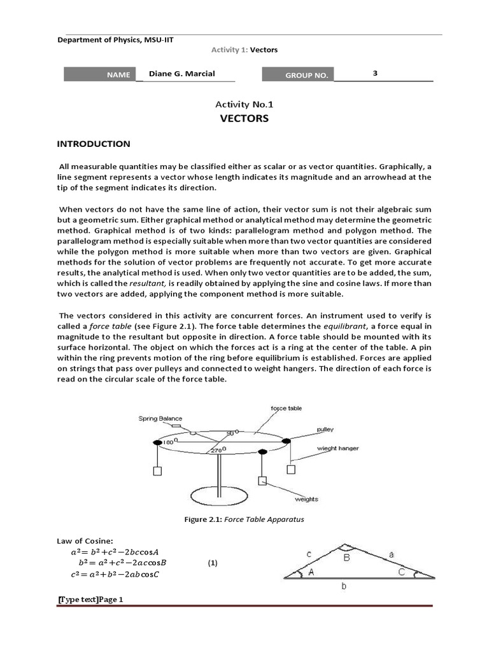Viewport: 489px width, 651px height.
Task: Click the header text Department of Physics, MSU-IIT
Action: (115, 39)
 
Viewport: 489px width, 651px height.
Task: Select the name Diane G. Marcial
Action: (181, 74)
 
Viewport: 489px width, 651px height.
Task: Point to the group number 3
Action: (375, 73)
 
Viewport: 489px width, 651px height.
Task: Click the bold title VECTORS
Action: (244, 118)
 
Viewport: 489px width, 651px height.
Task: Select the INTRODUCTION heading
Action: (94, 144)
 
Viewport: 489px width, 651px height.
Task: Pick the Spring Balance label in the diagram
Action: (160, 418)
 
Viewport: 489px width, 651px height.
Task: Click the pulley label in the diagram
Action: (325, 430)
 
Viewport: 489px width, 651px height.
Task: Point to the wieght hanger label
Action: (338, 448)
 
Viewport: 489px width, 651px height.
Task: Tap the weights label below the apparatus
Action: (306, 499)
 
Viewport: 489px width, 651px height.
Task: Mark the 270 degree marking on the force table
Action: (218, 451)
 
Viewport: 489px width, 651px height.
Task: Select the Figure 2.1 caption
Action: (244, 519)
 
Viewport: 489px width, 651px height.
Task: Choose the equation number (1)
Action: (213, 563)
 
